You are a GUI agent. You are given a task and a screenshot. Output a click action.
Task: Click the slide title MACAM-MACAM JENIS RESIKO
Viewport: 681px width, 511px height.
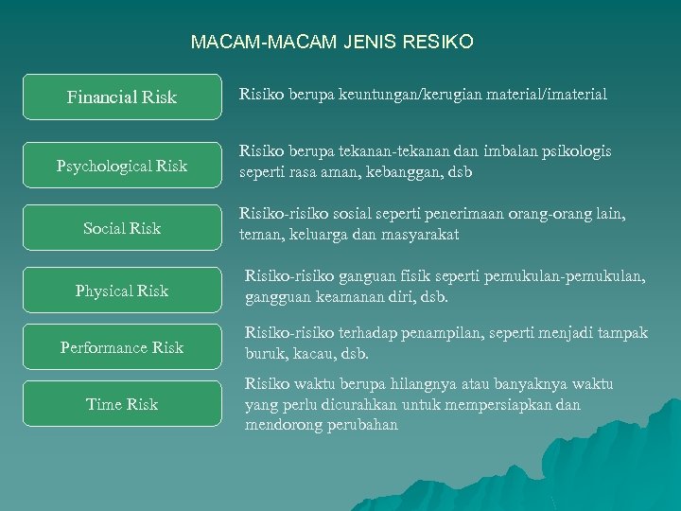[332, 43]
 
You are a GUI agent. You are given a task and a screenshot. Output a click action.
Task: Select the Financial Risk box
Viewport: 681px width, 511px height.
[122, 97]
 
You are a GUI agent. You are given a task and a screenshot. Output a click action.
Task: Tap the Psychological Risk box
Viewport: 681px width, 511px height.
[122, 167]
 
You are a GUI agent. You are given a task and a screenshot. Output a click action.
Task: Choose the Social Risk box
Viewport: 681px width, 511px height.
[122, 228]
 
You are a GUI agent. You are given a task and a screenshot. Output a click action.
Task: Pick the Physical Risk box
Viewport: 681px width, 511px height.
[122, 291]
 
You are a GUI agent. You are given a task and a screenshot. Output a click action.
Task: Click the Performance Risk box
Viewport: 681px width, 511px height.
[122, 347]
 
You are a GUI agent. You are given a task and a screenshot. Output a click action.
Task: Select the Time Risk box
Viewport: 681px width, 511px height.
[122, 404]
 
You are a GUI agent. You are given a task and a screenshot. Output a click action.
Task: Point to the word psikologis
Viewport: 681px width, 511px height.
[576, 151]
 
